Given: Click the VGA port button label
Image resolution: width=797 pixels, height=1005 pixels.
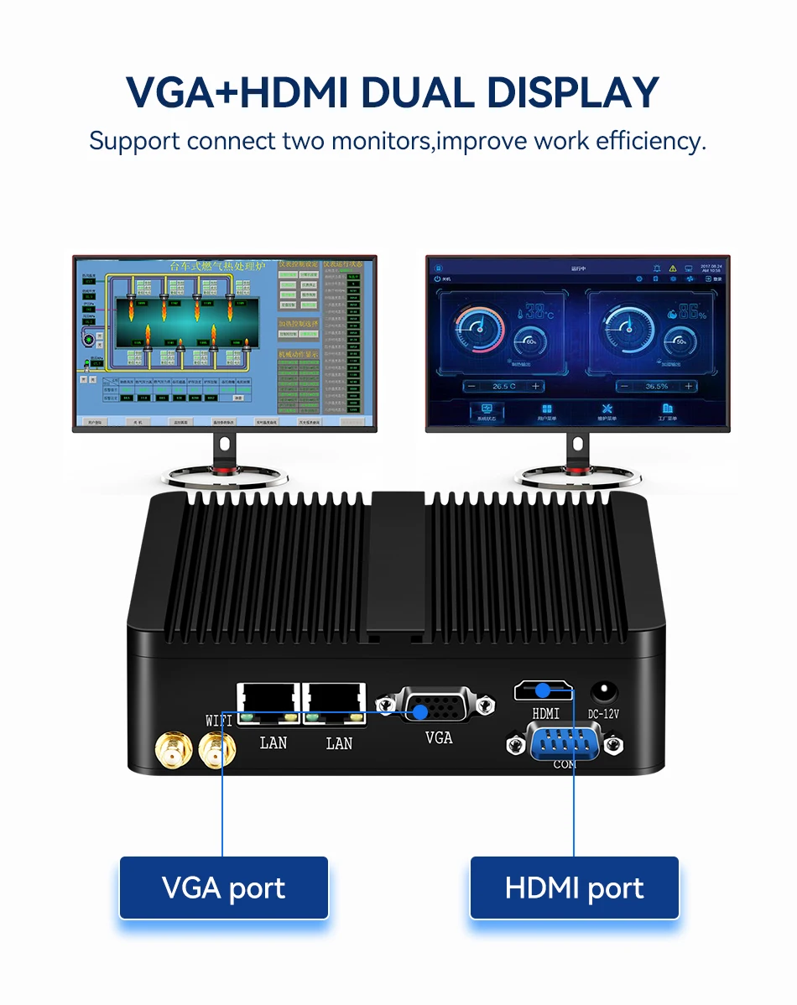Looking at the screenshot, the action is [x=223, y=888].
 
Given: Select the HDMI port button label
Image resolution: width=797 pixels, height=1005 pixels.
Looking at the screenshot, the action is [x=574, y=888].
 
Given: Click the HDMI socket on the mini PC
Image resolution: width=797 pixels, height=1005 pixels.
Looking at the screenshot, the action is [x=544, y=690].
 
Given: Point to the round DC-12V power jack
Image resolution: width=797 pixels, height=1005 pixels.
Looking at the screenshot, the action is [x=602, y=691].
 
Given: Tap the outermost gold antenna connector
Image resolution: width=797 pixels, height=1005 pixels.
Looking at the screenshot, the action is [x=172, y=747].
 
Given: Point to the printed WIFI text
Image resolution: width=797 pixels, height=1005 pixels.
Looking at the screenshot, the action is [x=221, y=720].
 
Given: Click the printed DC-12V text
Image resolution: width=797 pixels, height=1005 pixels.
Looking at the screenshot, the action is [x=603, y=715].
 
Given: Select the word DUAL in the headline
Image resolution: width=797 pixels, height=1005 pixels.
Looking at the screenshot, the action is [x=419, y=93].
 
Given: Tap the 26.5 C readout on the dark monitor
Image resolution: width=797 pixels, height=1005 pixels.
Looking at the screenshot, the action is [x=504, y=386].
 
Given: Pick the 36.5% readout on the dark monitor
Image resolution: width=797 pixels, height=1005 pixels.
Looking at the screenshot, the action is [x=657, y=386].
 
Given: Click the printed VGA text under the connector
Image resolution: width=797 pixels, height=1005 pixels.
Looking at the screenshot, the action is [x=438, y=737].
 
